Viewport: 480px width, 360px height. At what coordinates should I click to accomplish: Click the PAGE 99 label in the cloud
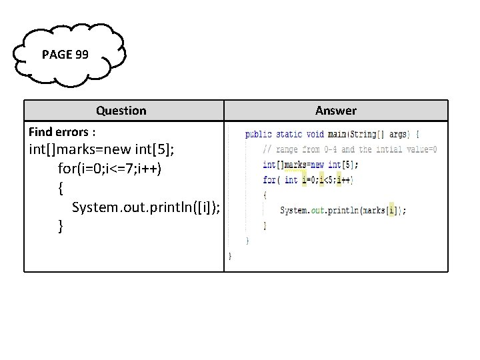click(65, 55)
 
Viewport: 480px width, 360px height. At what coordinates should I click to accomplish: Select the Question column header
click(121, 111)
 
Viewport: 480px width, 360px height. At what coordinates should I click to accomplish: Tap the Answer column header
click(335, 111)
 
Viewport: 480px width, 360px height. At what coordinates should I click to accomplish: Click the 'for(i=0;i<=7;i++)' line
click(109, 169)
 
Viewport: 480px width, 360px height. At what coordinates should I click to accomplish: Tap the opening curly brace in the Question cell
click(61, 188)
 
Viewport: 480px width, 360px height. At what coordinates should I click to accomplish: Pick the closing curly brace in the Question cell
click(61, 227)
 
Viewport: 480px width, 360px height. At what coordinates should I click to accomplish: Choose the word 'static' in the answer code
click(289, 135)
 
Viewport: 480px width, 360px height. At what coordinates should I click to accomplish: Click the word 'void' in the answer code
click(315, 135)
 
